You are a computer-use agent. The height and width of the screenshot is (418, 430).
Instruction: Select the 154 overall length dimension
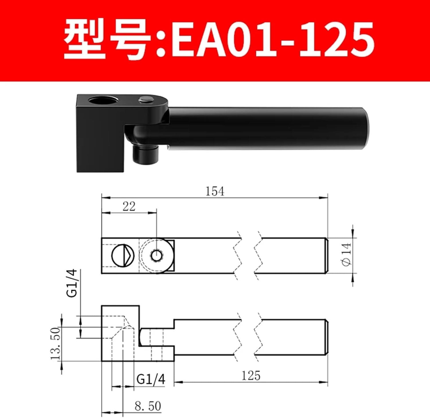point(215,191)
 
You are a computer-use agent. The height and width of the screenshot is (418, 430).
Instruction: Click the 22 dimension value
point(129,206)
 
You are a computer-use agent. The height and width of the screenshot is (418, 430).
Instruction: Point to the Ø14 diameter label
point(347,255)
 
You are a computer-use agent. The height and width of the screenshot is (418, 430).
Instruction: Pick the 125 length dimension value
point(251,376)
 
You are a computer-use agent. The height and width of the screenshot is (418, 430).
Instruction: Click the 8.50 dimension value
point(148,406)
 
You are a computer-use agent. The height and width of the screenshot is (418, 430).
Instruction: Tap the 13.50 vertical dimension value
point(55,343)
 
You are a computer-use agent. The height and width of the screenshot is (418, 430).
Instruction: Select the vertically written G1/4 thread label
point(72,283)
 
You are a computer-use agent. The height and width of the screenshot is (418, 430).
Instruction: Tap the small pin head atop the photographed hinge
point(146,100)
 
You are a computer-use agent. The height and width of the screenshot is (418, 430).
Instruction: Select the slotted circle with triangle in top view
point(123,255)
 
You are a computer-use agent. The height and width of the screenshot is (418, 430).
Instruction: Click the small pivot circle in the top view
point(157,255)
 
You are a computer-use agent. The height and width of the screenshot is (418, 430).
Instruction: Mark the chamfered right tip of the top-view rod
point(326,256)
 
